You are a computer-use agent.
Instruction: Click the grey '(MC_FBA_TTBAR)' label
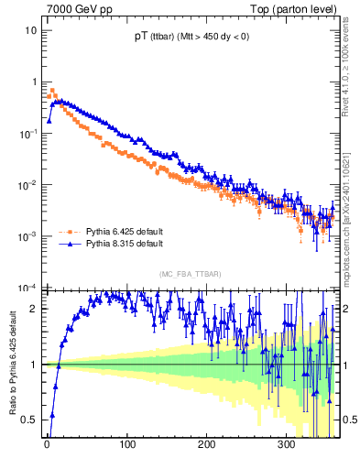190,274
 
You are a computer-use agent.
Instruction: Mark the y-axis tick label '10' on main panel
30,30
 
